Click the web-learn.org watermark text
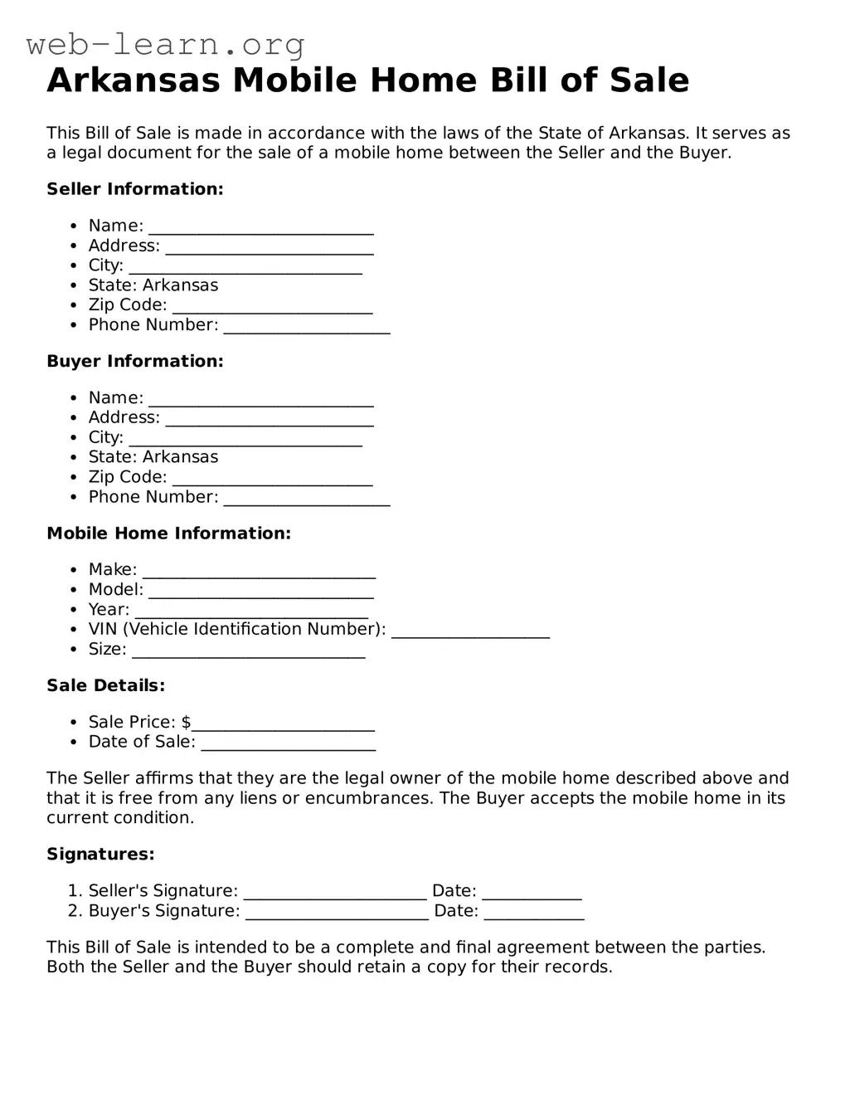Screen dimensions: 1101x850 (x=165, y=44)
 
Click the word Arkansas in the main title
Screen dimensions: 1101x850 (x=134, y=80)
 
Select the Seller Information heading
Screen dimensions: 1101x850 (x=135, y=189)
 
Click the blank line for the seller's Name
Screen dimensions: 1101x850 (x=261, y=228)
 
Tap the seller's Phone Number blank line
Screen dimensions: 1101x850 (x=307, y=328)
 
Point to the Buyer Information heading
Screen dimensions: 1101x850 (x=135, y=361)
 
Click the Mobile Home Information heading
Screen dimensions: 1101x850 (x=168, y=533)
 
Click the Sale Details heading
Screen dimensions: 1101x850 (x=106, y=685)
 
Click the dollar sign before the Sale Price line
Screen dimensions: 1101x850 (x=187, y=722)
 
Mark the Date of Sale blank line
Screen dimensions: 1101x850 (x=289, y=744)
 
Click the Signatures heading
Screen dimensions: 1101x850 (x=100, y=855)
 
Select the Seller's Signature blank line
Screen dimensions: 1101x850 (x=335, y=894)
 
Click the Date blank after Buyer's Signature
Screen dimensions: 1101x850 (x=534, y=913)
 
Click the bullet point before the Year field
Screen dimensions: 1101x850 (x=74, y=610)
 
